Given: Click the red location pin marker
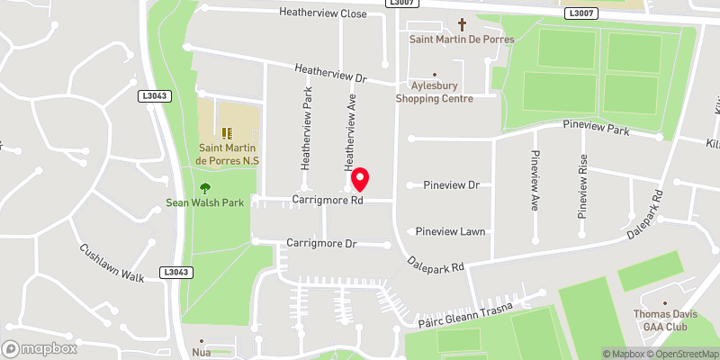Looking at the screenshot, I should pyautogui.click(x=361, y=177).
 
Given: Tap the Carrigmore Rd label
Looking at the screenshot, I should pyautogui.click(x=327, y=200).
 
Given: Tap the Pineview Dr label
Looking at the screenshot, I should pyautogui.click(x=451, y=185).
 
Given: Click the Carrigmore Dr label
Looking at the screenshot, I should pyautogui.click(x=321, y=244).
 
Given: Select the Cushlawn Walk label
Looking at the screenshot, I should pyautogui.click(x=112, y=263).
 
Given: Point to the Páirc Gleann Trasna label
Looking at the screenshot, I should pyautogui.click(x=464, y=315).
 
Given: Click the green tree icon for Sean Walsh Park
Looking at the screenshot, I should pyautogui.click(x=205, y=188).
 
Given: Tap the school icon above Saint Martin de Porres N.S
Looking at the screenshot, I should pyautogui.click(x=226, y=134).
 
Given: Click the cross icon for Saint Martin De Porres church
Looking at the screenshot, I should pyautogui.click(x=463, y=24).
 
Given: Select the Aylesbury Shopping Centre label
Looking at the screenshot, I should pyautogui.click(x=436, y=92).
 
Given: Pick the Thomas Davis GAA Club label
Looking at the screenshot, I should pyautogui.click(x=666, y=320).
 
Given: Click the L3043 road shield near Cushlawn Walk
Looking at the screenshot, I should pyautogui.click(x=177, y=272).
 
